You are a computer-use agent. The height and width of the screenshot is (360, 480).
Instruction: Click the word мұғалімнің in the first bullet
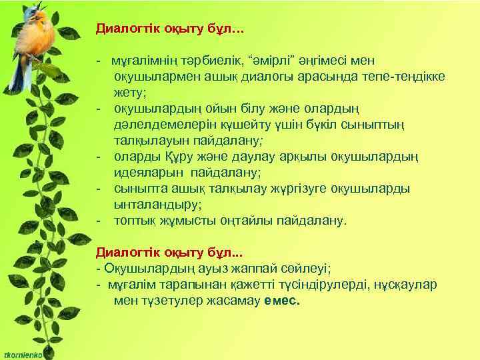click(141, 62)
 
